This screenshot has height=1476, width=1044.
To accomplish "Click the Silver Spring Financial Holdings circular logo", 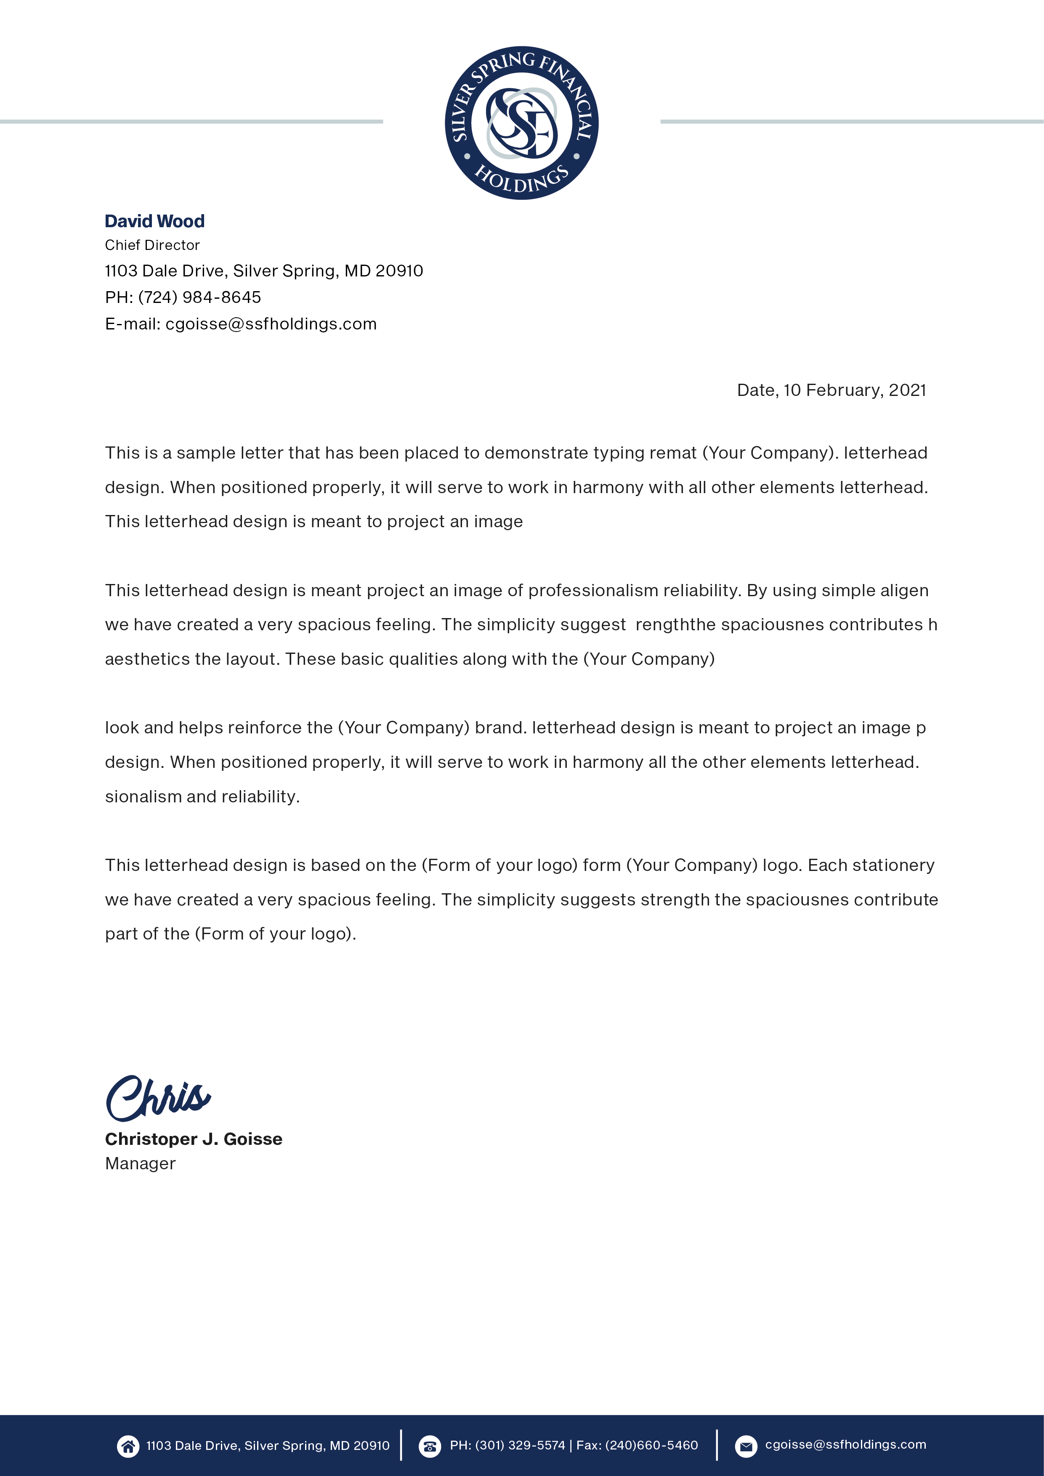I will (521, 122).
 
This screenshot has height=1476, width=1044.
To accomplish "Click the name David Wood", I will (154, 221).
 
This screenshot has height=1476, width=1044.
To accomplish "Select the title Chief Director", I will (152, 245).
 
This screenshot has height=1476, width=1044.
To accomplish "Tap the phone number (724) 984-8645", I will (199, 297).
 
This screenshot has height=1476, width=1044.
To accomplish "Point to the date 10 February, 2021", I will (854, 390).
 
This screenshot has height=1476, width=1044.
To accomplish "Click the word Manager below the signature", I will (140, 1163).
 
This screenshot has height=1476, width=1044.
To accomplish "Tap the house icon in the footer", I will (128, 1447).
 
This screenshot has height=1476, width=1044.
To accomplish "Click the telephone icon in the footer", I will (430, 1447).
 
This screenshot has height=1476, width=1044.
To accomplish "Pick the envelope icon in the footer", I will (746, 1447).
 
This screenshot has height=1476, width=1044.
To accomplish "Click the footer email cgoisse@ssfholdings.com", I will (845, 1444).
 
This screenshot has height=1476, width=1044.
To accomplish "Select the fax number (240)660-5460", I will (651, 1446).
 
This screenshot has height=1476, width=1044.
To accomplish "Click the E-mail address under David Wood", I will (271, 324).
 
